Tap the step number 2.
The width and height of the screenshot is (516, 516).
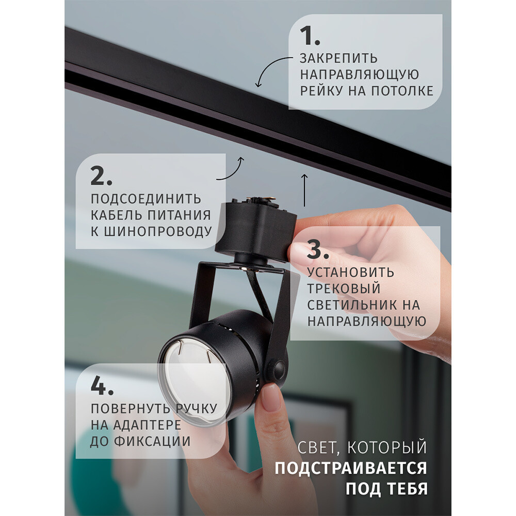(102, 176)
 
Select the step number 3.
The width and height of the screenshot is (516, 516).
(318, 250)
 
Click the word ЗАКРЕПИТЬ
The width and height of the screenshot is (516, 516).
(338, 58)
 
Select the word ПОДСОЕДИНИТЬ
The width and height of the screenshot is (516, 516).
(146, 199)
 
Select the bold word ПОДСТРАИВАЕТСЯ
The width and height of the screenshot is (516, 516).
(350, 469)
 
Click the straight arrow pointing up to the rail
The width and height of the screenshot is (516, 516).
(304, 190)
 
